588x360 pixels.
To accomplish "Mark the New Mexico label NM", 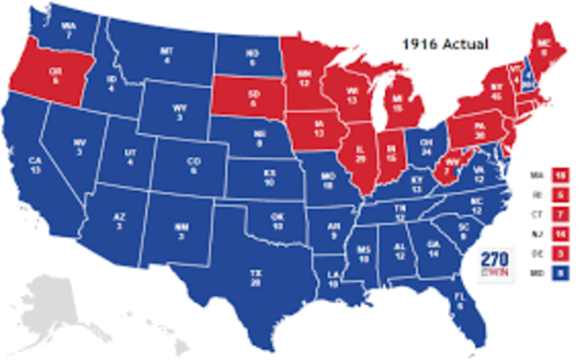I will pyautogui.click(x=184, y=232).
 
